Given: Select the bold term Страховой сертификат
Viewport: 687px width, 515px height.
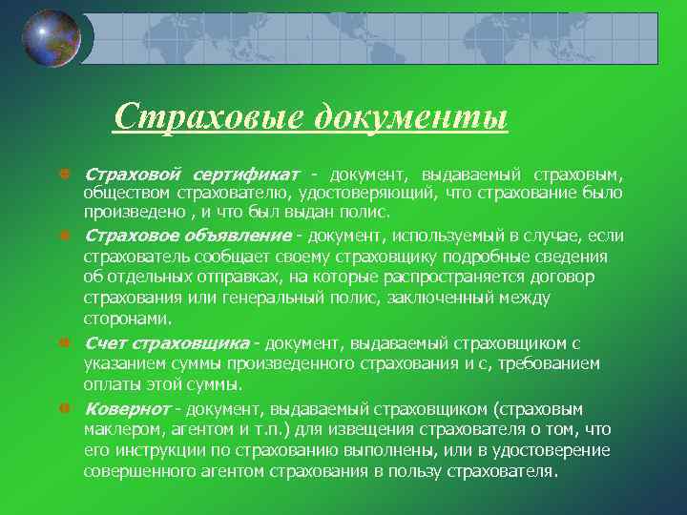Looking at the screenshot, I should pos(192,175).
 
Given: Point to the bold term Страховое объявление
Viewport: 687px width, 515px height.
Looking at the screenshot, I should pos(187,236).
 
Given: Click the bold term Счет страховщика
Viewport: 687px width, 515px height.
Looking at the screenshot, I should pos(173,342).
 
